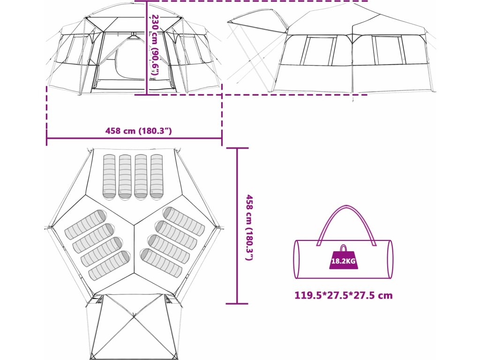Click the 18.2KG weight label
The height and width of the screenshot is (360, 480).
[344, 261]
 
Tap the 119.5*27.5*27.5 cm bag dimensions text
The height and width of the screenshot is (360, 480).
[343, 296]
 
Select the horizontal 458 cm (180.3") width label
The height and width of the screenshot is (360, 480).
[138, 131]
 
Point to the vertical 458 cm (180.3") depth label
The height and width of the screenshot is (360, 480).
[249, 228]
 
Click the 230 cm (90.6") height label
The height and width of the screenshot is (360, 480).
[155, 45]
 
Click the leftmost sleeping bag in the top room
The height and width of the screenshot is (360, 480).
[109, 176]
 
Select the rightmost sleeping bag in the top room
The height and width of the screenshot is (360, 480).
[157, 176]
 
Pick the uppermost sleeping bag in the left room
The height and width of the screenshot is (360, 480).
[85, 224]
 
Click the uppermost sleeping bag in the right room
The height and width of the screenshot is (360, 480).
[184, 221]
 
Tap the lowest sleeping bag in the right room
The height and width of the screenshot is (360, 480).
[161, 262]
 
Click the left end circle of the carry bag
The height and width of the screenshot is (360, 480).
[296, 259]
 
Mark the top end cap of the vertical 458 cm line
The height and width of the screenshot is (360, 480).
[237, 148]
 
